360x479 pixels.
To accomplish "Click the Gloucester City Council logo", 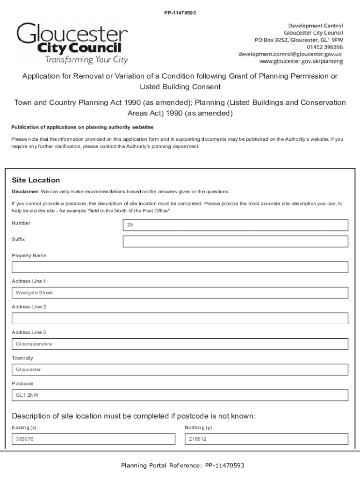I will coord(72,44).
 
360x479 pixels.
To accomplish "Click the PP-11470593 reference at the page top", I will coord(180,13).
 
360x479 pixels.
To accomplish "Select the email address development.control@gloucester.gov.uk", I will coord(290,54).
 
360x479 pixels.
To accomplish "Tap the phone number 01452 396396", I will coord(324,47).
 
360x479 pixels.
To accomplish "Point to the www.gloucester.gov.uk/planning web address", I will coord(301,61).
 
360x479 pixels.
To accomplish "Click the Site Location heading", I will coord(36,180).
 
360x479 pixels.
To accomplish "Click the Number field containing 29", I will coord(235,225).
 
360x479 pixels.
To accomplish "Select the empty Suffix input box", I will coord(235,241).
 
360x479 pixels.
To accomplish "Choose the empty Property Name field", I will coord(180,267).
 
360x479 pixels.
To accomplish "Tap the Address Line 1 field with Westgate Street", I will coord(180,293).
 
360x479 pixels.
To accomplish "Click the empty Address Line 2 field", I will coord(180,319).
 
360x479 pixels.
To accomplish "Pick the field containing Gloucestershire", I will coord(180,344).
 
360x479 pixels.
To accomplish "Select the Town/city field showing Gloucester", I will coord(180,370).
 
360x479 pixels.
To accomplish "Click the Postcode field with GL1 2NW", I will coord(180,395).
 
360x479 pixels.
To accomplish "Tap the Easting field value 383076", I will coord(93,439).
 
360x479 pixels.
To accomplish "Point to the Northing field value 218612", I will coord(266,439).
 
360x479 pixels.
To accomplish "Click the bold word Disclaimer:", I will coord(25,192).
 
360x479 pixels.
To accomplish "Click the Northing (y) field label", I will coord(198,428).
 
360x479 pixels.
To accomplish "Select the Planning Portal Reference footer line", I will coord(182,465).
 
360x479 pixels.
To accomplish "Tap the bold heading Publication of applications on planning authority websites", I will coord(82,128).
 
